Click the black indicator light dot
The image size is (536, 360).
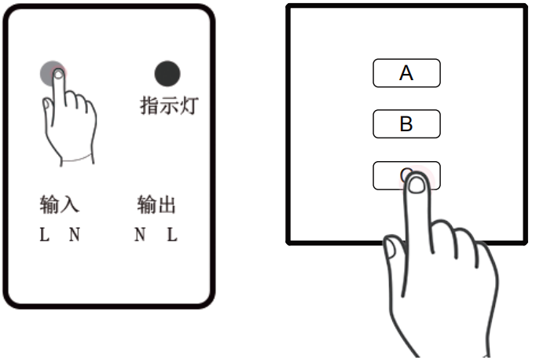[x=167, y=74]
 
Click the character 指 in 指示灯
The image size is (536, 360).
[x=149, y=106]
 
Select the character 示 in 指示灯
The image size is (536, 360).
[x=168, y=106]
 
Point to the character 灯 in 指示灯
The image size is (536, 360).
[x=187, y=106]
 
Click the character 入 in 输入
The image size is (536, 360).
[x=70, y=206]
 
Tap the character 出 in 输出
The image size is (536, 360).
[x=166, y=206]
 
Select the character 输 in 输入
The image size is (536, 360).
[x=50, y=206]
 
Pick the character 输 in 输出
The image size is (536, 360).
[x=146, y=206]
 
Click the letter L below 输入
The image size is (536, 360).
[x=45, y=234]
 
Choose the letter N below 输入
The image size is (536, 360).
[x=74, y=234]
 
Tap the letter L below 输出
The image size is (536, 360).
[x=171, y=234]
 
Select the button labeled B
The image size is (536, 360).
[x=406, y=124]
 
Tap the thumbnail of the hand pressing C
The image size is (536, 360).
[x=390, y=251]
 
